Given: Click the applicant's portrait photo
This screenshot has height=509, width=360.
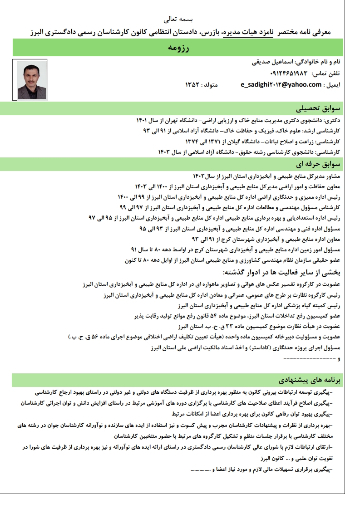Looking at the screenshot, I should (x=31, y=80).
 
